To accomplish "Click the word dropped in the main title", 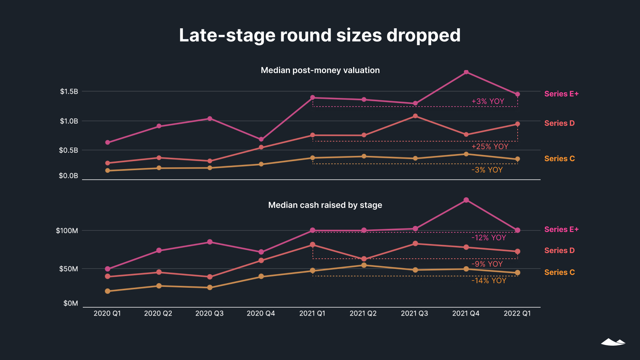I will (423, 36).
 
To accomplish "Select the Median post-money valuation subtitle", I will (320, 70).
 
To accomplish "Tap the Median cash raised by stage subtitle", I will (325, 205).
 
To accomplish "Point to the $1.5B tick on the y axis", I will (69, 92).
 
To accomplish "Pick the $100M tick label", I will (67, 230).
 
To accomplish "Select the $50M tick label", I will (69, 269).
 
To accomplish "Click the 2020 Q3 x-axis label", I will (209, 313).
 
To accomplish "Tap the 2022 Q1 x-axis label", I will (517, 313).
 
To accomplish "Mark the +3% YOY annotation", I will (488, 101).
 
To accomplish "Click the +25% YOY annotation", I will (490, 146).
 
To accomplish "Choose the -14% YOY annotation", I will (489, 281).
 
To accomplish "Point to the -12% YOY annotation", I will (489, 238).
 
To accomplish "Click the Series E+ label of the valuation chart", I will (561, 94).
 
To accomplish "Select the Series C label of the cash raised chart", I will (559, 272).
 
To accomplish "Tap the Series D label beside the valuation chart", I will (559, 123).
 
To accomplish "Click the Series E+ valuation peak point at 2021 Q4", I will (466, 72).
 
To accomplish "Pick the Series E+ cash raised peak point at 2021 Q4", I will (466, 200).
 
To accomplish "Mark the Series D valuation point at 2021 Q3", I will (415, 116).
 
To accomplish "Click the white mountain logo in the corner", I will (613, 342).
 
